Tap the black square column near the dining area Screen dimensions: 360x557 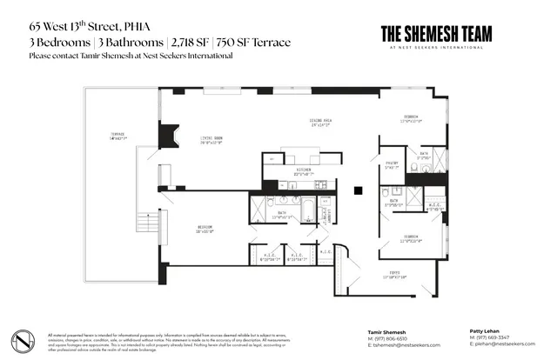tap(357, 191)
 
